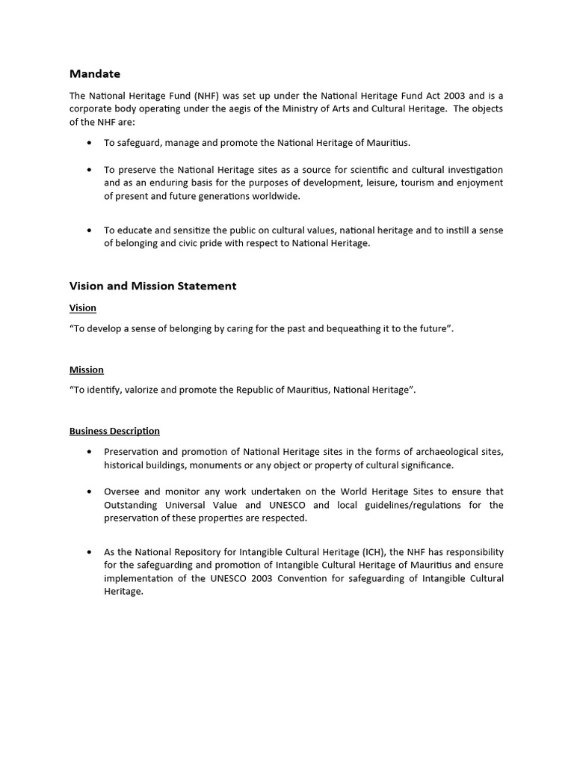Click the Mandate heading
tap(94, 73)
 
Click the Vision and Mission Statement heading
tap(152, 286)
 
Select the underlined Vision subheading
tap(82, 308)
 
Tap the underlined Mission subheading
tap(86, 370)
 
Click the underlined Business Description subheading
tap(114, 431)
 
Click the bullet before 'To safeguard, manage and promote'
tap(90, 143)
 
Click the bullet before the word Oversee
tap(90, 492)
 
